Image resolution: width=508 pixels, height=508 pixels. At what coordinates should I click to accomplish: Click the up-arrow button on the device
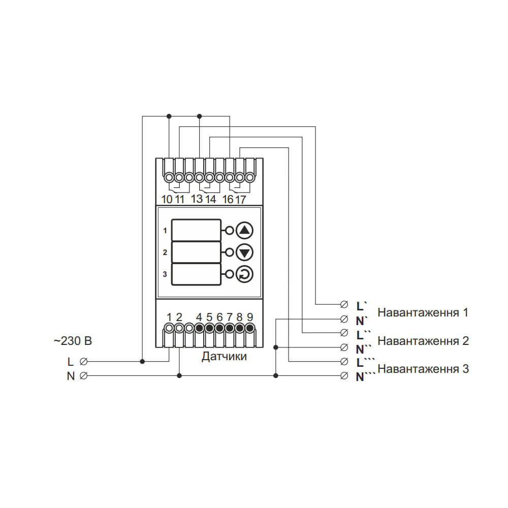point(245,230)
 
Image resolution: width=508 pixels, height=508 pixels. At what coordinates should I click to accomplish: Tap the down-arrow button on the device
point(245,252)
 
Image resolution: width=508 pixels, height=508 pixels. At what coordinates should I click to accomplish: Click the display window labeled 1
point(197,230)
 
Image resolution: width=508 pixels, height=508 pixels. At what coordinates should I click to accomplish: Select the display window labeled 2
point(197,252)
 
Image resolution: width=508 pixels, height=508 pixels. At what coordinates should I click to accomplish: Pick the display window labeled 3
point(197,274)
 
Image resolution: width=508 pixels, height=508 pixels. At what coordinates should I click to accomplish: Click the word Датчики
point(224,357)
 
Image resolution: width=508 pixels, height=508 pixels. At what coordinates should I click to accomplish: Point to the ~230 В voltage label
point(73,341)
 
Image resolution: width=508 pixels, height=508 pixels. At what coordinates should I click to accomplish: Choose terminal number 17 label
point(240,200)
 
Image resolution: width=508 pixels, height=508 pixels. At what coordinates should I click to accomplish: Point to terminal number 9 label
point(250,316)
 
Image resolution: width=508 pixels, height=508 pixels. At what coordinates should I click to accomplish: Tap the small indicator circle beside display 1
point(229,231)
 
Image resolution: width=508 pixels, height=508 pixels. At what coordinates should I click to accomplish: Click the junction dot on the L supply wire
point(143,362)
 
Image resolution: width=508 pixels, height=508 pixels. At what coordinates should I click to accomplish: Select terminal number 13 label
point(197,199)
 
